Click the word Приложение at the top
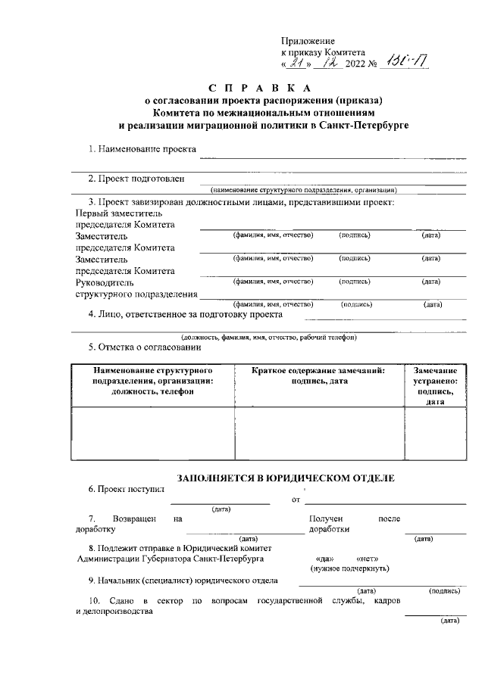click(308, 40)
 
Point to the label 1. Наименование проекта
click(141, 149)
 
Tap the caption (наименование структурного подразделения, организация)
click(304, 190)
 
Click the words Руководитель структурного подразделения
click(133, 288)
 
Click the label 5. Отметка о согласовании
click(144, 347)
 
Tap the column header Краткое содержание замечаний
click(318, 370)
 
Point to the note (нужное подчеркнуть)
click(349, 568)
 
